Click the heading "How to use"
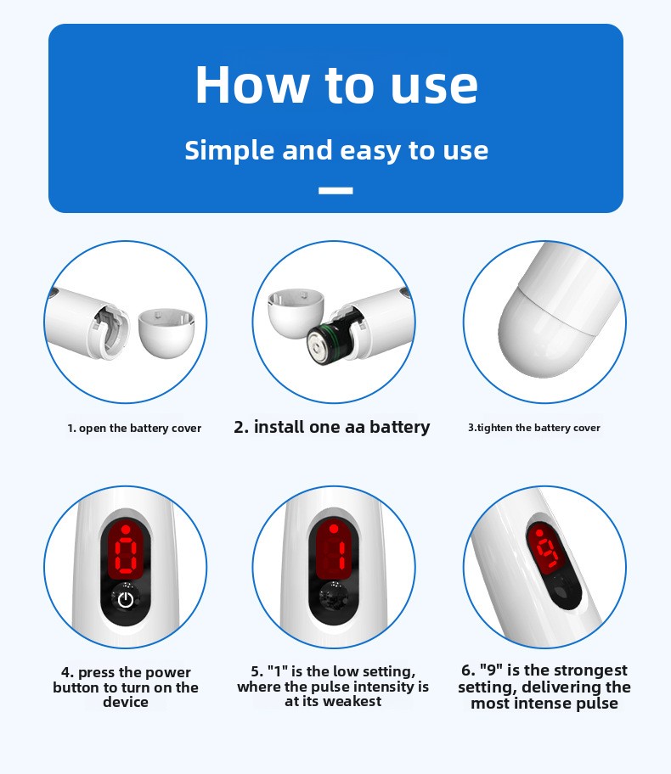pos(336,84)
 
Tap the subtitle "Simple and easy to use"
pos(336,150)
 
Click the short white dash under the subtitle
pos(335,191)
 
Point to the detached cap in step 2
pos(295,313)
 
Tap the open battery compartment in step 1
pos(110,328)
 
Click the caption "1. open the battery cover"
pos(134,428)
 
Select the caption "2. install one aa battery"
pos(332,427)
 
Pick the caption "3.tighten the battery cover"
pos(534,428)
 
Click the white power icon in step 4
pos(126,600)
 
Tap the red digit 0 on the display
pos(126,556)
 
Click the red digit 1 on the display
pos(341,555)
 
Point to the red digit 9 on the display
pos(549,551)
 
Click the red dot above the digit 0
pos(126,530)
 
